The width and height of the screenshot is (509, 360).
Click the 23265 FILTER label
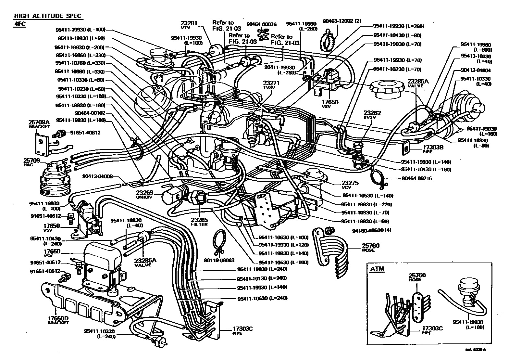(x=199, y=222)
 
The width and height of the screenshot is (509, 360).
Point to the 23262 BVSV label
(x=372, y=115)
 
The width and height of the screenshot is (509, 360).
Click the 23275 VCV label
(x=350, y=185)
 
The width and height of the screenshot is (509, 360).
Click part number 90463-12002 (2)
(x=341, y=21)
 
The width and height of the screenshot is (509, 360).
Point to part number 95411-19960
(x=477, y=45)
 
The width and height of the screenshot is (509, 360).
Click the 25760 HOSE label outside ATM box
(x=371, y=248)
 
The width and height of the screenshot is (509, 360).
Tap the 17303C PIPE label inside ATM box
(x=432, y=330)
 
